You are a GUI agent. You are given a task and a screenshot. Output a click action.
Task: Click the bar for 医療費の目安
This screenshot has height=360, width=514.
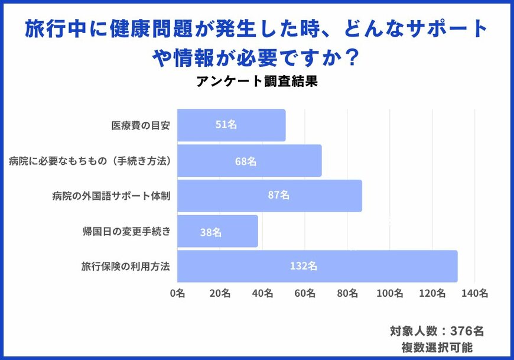pos(231,125)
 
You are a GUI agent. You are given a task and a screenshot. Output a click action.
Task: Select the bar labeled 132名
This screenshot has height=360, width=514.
pos(317,266)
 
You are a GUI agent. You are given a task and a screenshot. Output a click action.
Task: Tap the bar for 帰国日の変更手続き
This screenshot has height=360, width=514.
pos(217,231)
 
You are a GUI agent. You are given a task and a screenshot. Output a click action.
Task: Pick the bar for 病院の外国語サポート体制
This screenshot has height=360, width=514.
pos(269,196)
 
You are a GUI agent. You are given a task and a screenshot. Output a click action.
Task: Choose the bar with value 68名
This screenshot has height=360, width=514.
pos(249,161)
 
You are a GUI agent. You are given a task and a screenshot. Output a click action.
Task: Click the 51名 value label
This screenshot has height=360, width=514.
pos(226,125)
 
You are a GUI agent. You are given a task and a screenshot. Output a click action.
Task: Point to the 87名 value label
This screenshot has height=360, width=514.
pos(278,196)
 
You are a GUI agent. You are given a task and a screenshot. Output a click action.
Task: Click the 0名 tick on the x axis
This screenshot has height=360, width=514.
pos(177,293)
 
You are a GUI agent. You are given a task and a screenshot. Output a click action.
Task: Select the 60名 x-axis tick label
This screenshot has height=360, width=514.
pos(305,293)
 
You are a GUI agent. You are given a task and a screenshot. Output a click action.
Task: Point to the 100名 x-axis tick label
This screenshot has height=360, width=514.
pos(389,293)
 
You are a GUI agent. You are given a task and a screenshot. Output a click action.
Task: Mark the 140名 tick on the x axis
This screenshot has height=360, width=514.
pos(474,293)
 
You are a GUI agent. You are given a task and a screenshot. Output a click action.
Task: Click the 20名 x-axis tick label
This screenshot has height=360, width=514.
pos(220,293)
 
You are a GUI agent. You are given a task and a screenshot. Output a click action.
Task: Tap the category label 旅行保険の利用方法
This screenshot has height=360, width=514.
pos(125,266)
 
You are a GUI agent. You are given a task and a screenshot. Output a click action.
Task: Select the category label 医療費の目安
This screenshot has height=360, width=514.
pos(141,125)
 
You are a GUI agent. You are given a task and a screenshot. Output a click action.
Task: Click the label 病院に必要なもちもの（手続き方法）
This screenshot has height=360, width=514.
pos(90,161)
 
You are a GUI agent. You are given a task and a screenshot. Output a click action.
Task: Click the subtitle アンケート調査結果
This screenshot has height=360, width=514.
pos(258,82)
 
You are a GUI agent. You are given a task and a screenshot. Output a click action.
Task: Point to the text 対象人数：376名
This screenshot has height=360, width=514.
pos(437,331)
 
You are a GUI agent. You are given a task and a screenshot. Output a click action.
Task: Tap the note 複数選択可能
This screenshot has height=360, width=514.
pos(437,347)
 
